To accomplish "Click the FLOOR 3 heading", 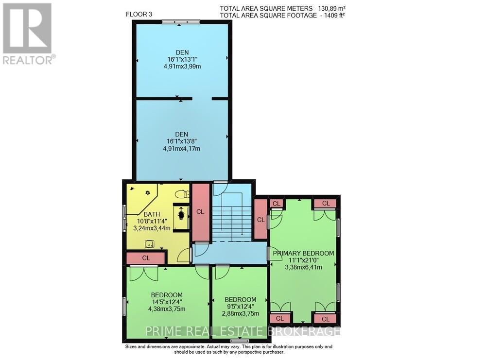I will [139, 14].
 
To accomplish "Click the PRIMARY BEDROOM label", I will [303, 253].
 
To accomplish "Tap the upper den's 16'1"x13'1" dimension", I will [181, 61].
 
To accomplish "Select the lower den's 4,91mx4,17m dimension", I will [181, 149].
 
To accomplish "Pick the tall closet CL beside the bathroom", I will [200, 212].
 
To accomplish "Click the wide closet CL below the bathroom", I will [146, 258].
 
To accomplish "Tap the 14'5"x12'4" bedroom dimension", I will [167, 302].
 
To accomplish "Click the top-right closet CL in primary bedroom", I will [325, 203].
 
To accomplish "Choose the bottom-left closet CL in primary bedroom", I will [279, 318].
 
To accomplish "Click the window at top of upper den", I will [181, 21].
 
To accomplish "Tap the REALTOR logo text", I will [28, 60].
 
